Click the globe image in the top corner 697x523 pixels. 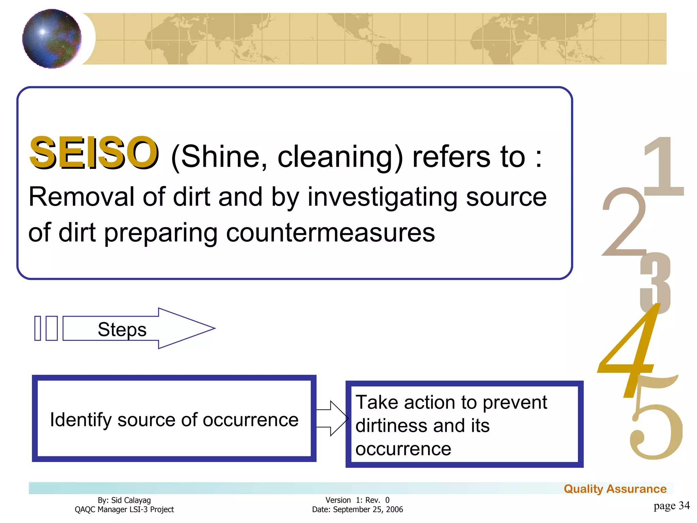tap(52, 38)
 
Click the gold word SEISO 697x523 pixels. tap(94, 152)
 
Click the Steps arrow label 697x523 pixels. tap(122, 329)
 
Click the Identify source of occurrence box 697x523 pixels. tap(174, 419)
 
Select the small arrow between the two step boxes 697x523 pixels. tap(332, 418)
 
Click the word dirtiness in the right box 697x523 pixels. tap(391, 426)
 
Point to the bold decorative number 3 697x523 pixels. tap(655, 283)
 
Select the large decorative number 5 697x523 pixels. tap(655, 426)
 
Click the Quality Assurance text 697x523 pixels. tap(615, 489)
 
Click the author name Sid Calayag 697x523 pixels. tap(131, 500)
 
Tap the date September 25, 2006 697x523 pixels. tap(368, 510)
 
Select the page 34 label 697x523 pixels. tap(671, 506)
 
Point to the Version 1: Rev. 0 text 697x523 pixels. tap(357, 500)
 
